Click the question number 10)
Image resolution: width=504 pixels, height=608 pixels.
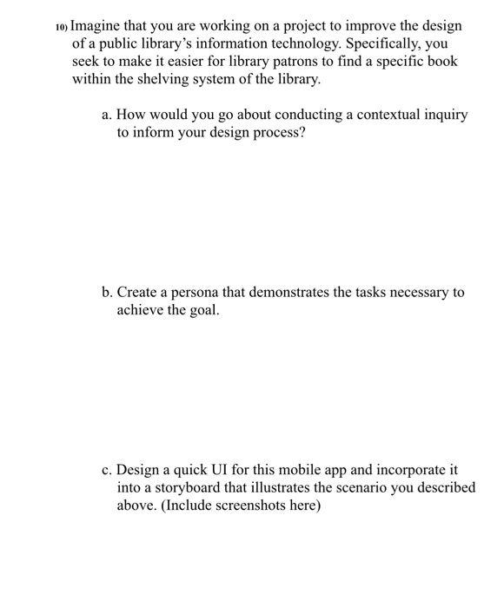(x=61, y=28)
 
